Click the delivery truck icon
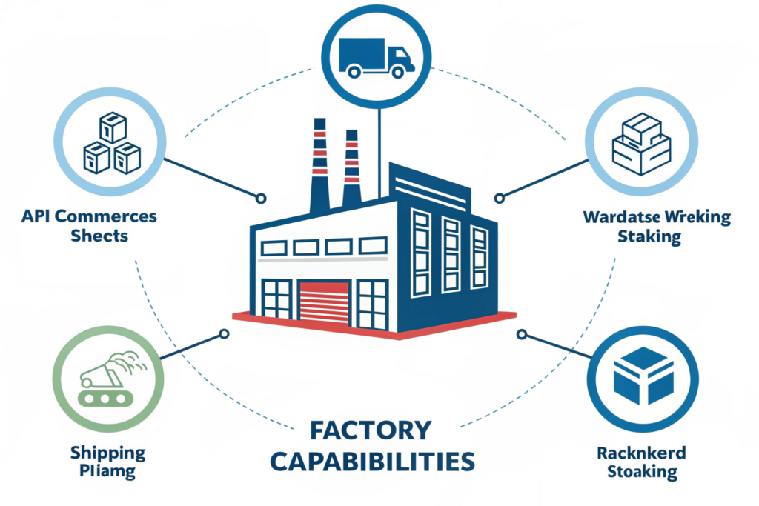pyautogui.click(x=376, y=58)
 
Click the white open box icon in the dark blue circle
pyautogui.click(x=643, y=376)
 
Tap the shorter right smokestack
pyautogui.click(x=351, y=168)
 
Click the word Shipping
pyautogui.click(x=108, y=453)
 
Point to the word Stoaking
pyautogui.click(x=642, y=471)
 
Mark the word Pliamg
pyautogui.click(x=108, y=472)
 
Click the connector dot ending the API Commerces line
pyautogui.click(x=260, y=199)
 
